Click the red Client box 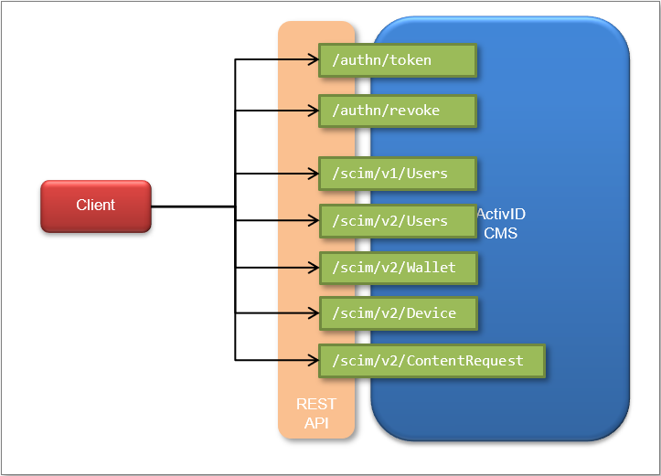point(95,206)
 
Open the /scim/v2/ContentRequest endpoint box point(431,360)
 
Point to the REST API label point(315,413)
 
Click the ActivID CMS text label point(501,224)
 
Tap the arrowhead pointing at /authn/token point(313,60)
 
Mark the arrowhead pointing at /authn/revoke point(313,111)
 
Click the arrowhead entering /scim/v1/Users point(313,173)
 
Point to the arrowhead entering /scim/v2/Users point(313,220)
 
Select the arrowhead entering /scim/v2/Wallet point(313,268)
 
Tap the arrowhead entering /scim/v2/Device point(313,313)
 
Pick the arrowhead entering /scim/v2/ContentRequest point(313,360)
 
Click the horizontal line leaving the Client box point(192,206)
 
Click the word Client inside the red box point(95,206)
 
